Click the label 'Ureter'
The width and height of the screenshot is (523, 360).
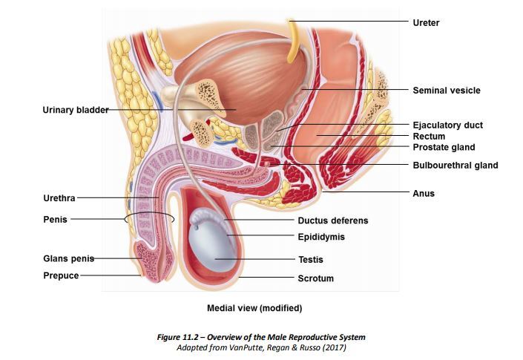[426, 23]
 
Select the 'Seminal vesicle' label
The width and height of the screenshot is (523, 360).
[446, 91]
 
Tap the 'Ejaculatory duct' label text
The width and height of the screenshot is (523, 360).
[447, 125]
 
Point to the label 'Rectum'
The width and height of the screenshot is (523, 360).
[429, 137]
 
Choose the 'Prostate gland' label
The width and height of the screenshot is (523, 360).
[444, 148]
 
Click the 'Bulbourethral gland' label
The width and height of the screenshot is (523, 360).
[455, 166]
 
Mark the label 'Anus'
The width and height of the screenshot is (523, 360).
[424, 194]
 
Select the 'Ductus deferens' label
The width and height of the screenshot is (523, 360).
[332, 220]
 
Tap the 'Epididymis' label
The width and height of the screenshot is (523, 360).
[321, 237]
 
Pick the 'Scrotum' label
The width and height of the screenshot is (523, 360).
[315, 278]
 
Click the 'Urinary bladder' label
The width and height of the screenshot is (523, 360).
[76, 111]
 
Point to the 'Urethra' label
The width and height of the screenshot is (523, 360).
[59, 198]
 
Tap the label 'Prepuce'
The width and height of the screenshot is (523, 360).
[61, 275]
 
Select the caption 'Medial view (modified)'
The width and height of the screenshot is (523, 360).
[254, 307]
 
